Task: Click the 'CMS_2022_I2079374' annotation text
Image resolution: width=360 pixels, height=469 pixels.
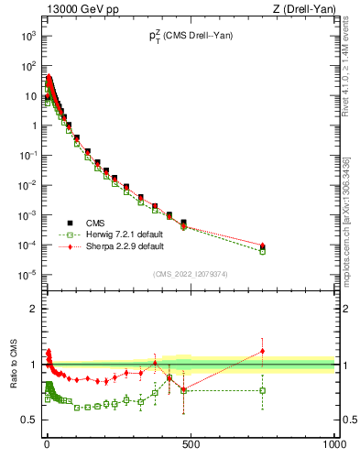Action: (x=190, y=272)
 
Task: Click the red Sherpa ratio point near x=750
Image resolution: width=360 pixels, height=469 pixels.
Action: (x=263, y=351)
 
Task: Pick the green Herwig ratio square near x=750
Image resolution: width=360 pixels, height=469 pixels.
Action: (x=263, y=390)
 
